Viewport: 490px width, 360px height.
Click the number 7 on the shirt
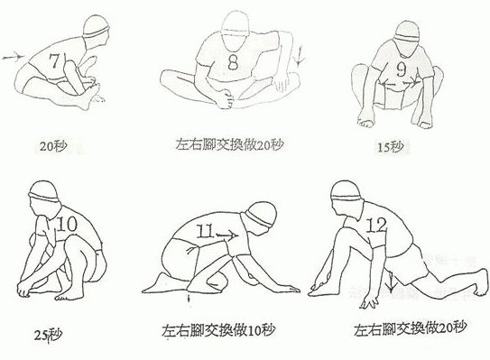[54, 60]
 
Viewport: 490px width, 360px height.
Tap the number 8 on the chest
[233, 62]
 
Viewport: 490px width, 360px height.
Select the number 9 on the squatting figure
[402, 69]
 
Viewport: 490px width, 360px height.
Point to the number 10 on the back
[67, 224]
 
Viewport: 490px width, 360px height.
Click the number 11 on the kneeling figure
[205, 232]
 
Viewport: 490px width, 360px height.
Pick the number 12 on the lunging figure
[375, 225]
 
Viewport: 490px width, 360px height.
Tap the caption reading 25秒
[48, 335]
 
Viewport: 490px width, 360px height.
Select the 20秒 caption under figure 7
[53, 146]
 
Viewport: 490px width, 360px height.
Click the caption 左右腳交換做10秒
[218, 330]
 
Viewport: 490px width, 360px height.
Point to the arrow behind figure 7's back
[14, 57]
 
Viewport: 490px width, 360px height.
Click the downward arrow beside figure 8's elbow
[300, 56]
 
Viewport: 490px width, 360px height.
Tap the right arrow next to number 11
[227, 235]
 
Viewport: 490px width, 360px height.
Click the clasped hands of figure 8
[225, 98]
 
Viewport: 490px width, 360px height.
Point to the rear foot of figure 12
[480, 283]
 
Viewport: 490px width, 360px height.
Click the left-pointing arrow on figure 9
[388, 84]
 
